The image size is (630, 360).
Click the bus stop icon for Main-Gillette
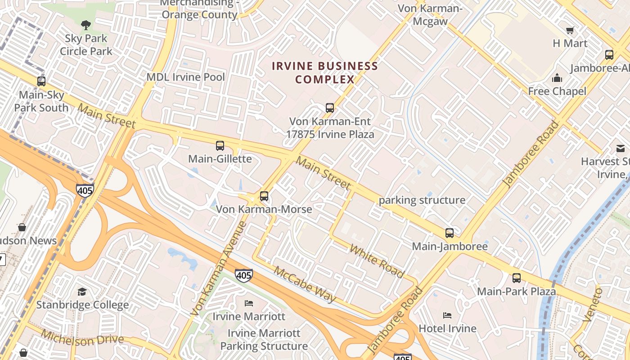[x=220, y=146]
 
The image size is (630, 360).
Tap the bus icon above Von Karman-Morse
[x=264, y=196]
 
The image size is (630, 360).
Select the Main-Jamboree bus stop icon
[x=449, y=233]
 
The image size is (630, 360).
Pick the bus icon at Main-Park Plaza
[x=516, y=278]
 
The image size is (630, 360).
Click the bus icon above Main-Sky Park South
[x=41, y=81]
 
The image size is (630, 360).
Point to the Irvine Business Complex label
[x=325, y=73]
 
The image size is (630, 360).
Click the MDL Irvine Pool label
[x=185, y=77]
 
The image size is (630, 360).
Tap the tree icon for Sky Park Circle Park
[x=85, y=25]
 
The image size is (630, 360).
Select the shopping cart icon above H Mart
[x=570, y=31]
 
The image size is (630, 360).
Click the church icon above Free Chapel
[x=557, y=78]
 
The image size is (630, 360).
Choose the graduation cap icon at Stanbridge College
[x=82, y=292]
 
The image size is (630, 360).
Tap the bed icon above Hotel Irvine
[x=447, y=315]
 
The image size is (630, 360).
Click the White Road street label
[x=377, y=261]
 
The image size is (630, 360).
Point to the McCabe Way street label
[x=305, y=284]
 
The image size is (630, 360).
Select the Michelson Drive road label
[x=82, y=338]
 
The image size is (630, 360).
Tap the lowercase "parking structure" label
[x=422, y=200]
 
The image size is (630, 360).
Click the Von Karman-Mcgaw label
[x=430, y=15]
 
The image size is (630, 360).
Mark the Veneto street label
[x=592, y=305]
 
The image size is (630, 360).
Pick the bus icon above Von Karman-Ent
[x=330, y=108]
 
